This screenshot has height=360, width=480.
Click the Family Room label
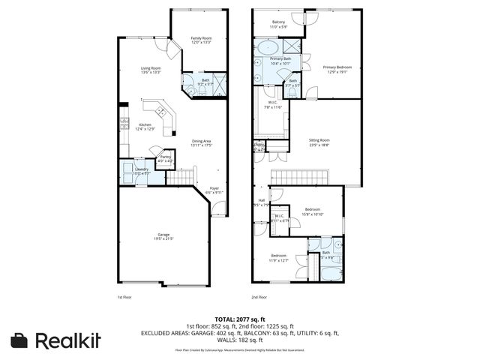click(x=200, y=40)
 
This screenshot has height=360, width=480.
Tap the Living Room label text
click(x=152, y=70)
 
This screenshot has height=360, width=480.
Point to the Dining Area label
click(x=202, y=142)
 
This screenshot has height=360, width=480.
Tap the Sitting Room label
click(x=319, y=142)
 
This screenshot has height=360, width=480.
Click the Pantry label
click(x=165, y=159)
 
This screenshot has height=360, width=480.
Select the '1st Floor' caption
click(x=125, y=297)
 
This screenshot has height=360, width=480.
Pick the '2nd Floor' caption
click(x=259, y=297)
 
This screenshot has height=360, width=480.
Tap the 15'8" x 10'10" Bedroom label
click(x=313, y=211)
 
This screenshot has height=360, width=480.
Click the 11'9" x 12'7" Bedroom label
click(x=279, y=258)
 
